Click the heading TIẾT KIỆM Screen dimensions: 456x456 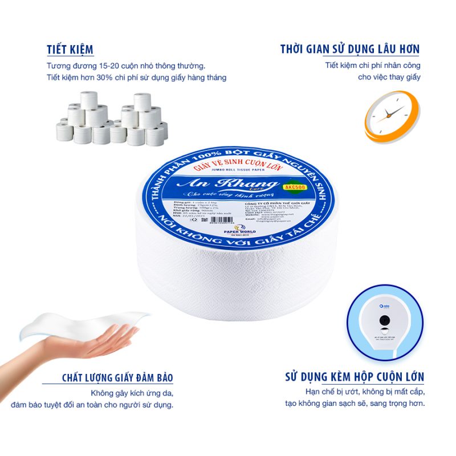pos(71,49)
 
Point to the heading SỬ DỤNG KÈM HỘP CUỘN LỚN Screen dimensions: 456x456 pos(354,377)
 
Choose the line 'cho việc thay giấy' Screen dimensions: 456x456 pos(389,77)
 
